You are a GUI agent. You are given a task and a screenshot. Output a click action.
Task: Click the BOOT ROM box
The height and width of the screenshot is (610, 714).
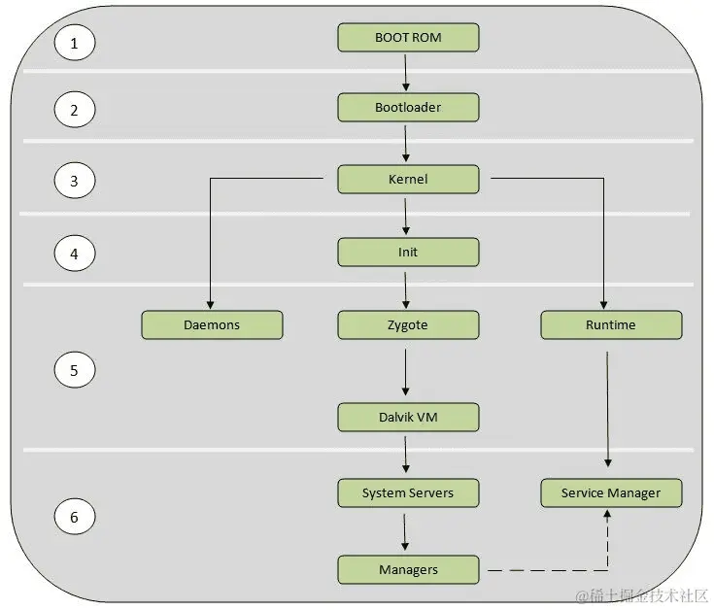tap(408, 38)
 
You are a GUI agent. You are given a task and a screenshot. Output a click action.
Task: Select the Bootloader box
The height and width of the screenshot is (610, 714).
tap(408, 108)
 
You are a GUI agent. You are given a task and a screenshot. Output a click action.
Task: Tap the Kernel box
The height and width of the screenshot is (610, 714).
tap(408, 180)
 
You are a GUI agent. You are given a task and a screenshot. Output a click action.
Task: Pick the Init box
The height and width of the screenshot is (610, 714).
tap(408, 253)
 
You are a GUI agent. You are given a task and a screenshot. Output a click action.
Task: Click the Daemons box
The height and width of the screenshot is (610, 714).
tap(212, 325)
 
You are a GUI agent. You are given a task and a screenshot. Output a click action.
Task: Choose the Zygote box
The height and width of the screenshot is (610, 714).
tap(408, 325)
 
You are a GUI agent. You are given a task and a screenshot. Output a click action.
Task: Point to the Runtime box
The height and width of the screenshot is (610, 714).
tap(611, 325)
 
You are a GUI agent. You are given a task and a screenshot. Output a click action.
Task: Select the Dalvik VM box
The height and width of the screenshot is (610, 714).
tap(408, 418)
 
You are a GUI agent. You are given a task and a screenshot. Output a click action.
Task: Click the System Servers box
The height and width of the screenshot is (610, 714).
tap(408, 493)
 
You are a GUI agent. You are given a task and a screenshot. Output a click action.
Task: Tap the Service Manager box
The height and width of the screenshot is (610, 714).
tap(611, 493)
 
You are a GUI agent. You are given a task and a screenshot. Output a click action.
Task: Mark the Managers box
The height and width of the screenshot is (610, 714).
tap(408, 569)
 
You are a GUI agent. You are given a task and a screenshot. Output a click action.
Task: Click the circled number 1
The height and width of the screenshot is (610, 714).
tap(74, 42)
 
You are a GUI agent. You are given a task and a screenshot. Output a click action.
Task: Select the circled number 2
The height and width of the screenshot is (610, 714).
tap(74, 110)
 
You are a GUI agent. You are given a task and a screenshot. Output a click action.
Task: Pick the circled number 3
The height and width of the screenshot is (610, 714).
tap(74, 181)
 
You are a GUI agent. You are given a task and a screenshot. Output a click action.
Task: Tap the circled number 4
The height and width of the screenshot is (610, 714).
tap(74, 254)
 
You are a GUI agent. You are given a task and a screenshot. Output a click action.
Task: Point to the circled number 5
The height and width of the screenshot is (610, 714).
tap(74, 370)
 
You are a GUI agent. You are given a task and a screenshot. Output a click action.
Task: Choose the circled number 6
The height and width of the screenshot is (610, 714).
tap(74, 517)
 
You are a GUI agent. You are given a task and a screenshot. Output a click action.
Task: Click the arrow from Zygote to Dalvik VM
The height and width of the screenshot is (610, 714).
tap(406, 371)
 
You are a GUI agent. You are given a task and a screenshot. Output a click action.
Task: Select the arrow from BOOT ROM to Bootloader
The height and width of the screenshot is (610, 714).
tap(406, 73)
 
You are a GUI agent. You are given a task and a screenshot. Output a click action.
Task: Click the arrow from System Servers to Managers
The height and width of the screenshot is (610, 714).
tap(406, 531)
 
